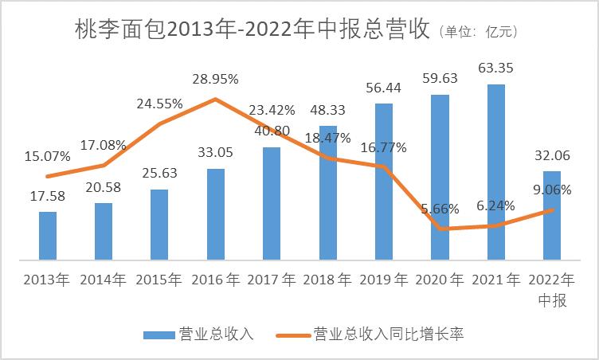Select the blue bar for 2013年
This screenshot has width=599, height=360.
[x=48, y=236]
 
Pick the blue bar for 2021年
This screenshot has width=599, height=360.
[x=495, y=171]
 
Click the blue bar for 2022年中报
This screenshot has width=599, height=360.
[x=551, y=215]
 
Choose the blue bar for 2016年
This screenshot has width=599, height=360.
[x=216, y=213]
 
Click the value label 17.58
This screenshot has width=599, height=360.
[x=48, y=196]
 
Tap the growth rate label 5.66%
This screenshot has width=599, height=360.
[x=440, y=209]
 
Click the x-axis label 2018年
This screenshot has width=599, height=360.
[x=327, y=280]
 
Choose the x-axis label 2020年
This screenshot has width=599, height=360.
[x=440, y=280]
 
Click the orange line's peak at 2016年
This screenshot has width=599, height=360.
[x=215, y=100]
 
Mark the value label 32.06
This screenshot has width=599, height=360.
[x=551, y=155]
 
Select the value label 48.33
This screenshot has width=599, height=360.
[x=327, y=110]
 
